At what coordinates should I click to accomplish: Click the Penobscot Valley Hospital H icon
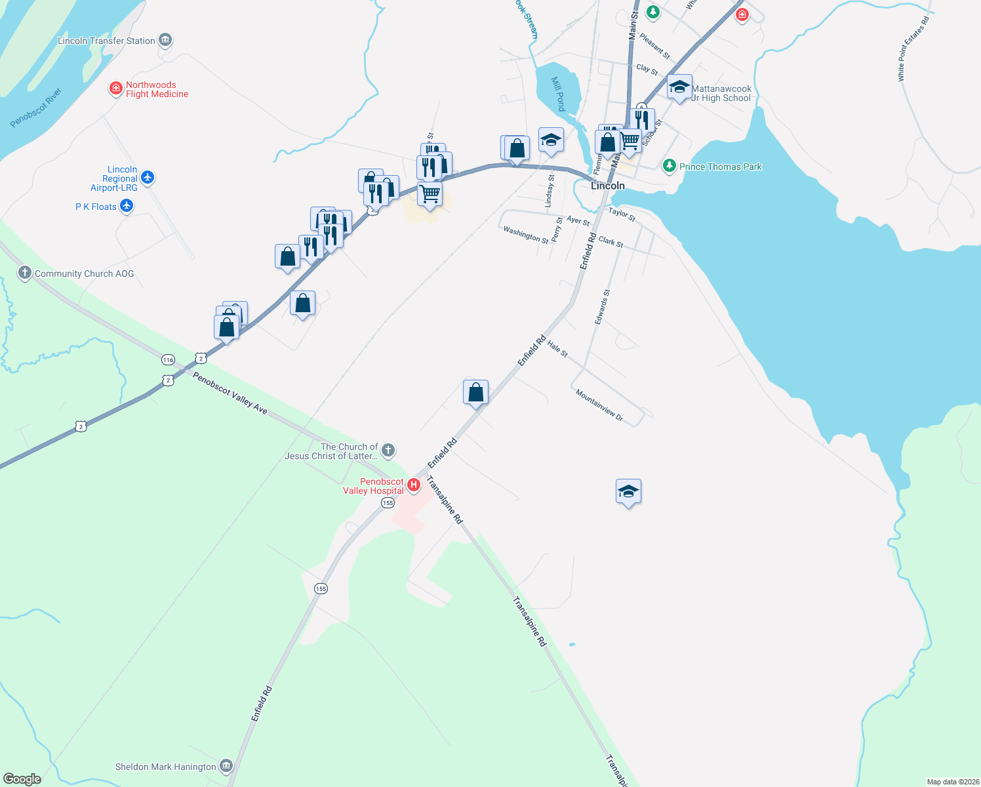tap(414, 486)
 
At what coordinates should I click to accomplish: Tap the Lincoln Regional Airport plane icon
tap(148, 178)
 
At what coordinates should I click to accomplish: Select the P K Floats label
tap(96, 207)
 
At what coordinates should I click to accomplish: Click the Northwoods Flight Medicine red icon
tap(116, 88)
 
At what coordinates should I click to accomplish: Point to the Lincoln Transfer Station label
tap(106, 41)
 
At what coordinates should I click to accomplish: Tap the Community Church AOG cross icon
tap(25, 273)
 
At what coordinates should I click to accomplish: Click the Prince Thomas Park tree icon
tap(670, 166)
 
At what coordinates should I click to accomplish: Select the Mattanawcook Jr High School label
tap(721, 93)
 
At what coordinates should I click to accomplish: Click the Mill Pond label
tap(558, 94)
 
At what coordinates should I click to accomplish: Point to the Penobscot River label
tap(36, 108)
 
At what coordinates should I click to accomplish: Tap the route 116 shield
tap(169, 359)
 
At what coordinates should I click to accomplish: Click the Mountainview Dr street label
tap(599, 405)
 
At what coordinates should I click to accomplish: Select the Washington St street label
tap(525, 234)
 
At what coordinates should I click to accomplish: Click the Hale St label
tap(557, 349)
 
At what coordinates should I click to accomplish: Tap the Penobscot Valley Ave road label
tap(230, 393)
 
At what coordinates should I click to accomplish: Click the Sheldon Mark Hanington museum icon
tap(226, 765)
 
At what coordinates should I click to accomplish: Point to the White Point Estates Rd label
tap(913, 49)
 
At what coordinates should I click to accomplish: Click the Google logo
tap(22, 779)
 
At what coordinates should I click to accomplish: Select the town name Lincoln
tap(608, 186)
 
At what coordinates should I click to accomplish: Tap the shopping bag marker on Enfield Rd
tap(476, 393)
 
